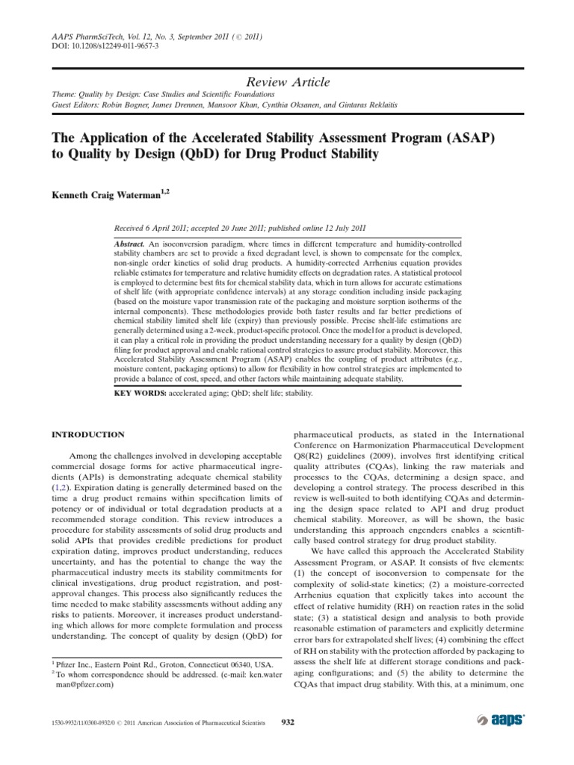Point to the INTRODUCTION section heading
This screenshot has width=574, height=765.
coord(87,434)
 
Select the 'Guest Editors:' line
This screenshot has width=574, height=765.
coord(200,106)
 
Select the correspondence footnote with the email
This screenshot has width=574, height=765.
coord(149,676)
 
